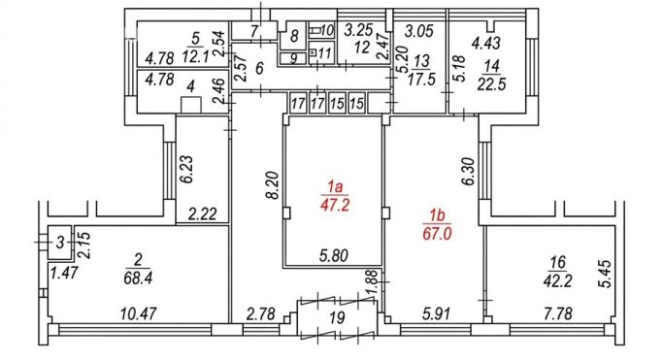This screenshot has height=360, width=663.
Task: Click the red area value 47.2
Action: click(x=335, y=206)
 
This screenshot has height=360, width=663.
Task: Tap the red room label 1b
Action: click(x=437, y=216)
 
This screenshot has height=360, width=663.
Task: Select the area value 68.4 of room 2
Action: click(x=138, y=278)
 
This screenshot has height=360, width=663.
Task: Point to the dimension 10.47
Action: click(x=138, y=314)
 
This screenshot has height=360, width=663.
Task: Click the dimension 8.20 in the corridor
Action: click(x=273, y=184)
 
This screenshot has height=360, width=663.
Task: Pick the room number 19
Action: click(x=337, y=317)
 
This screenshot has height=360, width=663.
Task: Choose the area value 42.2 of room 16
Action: click(x=557, y=280)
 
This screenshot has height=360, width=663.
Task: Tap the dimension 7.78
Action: click(x=558, y=314)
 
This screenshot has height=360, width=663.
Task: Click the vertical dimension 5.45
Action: click(x=606, y=274)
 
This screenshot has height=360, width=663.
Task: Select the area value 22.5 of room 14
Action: click(x=491, y=84)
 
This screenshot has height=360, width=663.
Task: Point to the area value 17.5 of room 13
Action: click(x=421, y=79)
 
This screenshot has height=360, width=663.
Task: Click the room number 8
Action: click(x=294, y=36)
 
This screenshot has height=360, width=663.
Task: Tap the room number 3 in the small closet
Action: click(x=60, y=243)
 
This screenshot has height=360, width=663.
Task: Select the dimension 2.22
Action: click(x=202, y=213)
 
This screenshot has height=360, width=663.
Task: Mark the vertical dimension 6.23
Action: click(x=187, y=169)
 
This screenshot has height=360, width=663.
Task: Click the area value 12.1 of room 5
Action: click(x=196, y=55)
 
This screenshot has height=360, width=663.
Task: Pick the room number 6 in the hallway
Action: click(x=259, y=69)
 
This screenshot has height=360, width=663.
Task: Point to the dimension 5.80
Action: click(x=334, y=255)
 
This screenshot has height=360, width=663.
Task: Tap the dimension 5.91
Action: click(x=436, y=314)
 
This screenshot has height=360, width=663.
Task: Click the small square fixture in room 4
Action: click(x=190, y=105)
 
